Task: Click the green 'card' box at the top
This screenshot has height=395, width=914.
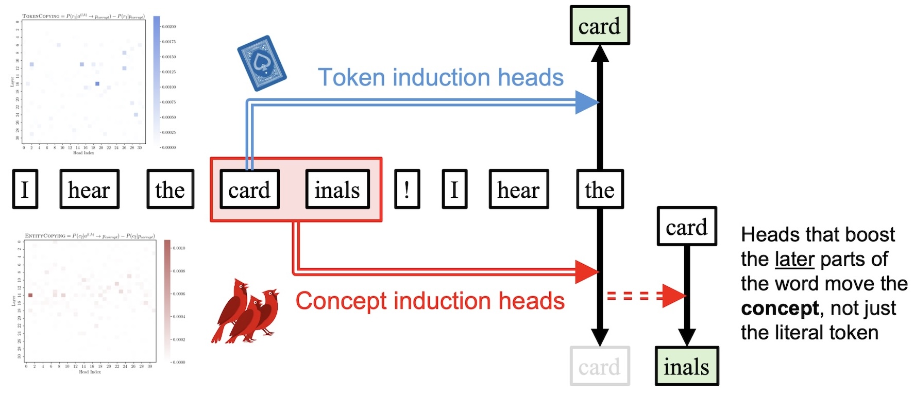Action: point(599,26)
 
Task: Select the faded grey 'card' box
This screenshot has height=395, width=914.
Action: point(599,366)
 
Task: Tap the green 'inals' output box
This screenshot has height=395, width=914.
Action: point(686,366)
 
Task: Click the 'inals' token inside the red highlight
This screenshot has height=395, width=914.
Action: point(337,190)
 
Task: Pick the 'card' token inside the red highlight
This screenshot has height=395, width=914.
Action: point(249,190)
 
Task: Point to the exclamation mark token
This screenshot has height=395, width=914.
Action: point(407,190)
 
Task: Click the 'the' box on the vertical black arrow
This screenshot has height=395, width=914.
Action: point(600,190)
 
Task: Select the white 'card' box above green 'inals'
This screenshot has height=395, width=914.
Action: point(686,227)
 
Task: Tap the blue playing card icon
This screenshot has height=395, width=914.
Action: point(261,63)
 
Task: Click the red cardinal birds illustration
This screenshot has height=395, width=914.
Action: point(246,312)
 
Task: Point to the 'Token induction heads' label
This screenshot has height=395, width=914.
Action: point(441,77)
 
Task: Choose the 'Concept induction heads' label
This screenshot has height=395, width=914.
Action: point(430,301)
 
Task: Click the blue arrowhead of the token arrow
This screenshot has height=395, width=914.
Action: point(586,102)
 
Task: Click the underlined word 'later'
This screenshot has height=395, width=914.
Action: point(794,259)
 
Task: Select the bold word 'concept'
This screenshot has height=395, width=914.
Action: point(780,308)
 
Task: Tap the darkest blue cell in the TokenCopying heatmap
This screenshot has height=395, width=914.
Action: point(97,83)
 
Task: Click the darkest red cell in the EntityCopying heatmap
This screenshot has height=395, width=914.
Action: point(30,295)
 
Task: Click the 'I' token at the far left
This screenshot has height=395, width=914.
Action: point(25,190)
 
